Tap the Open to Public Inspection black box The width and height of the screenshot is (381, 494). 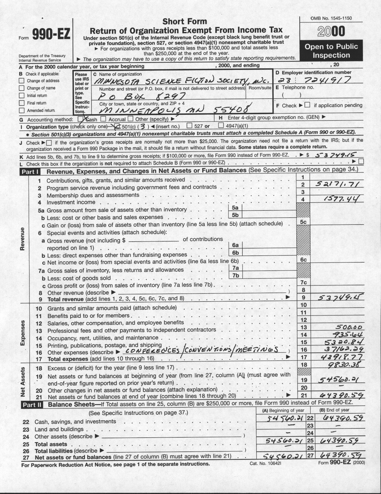pos(331,51)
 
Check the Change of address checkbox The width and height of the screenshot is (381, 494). pos(21,81)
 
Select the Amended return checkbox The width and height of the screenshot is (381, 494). pos(21,110)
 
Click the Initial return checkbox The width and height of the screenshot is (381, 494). pos(21,96)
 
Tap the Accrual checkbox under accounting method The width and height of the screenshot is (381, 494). pos(103,119)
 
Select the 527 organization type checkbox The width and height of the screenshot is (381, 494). pos(190,126)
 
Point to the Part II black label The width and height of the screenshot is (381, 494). pos(31,405)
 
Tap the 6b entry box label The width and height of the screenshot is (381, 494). pos(235,253)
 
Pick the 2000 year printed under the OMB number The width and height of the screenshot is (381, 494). pos(331,32)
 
